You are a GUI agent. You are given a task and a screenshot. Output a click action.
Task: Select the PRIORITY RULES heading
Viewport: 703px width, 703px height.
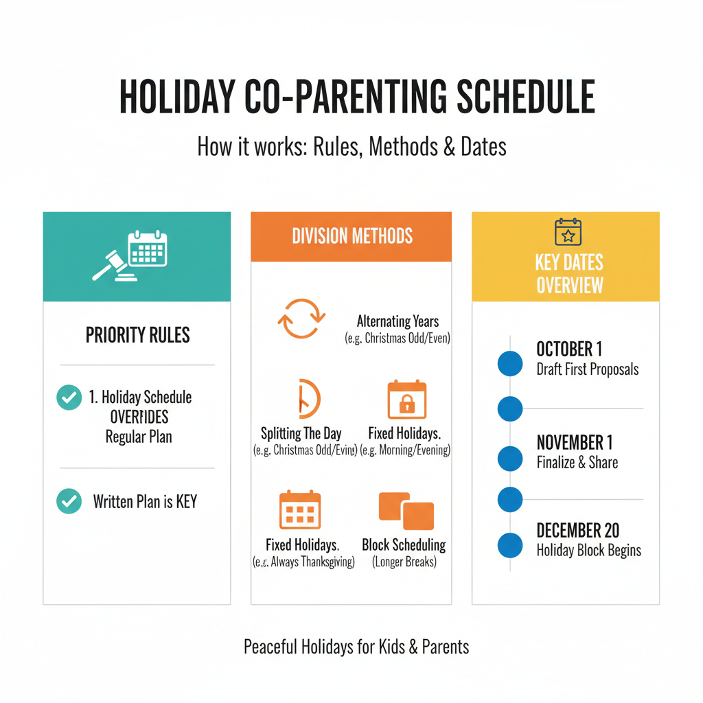pyautogui.click(x=138, y=335)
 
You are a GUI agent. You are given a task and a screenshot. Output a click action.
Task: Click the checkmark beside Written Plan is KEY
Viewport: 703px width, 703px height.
pyautogui.click(x=69, y=501)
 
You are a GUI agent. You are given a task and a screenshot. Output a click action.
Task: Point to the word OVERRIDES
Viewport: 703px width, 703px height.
pyautogui.click(x=139, y=417)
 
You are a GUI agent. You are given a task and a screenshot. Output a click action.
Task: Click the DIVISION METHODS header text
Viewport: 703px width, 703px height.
pyautogui.click(x=352, y=237)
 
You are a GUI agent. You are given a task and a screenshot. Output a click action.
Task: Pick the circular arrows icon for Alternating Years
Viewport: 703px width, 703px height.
pyautogui.click(x=301, y=319)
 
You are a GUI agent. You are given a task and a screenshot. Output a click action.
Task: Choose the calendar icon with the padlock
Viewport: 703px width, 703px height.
pyautogui.click(x=407, y=400)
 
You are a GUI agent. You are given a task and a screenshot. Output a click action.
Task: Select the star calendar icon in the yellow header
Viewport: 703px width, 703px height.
pyautogui.click(x=568, y=232)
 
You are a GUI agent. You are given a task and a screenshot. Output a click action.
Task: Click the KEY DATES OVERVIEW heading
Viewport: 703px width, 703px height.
pyautogui.click(x=569, y=273)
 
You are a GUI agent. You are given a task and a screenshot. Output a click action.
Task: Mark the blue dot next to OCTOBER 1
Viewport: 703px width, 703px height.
pyautogui.click(x=509, y=364)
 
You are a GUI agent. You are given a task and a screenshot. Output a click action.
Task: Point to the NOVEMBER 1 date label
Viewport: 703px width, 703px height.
pyautogui.click(x=574, y=442)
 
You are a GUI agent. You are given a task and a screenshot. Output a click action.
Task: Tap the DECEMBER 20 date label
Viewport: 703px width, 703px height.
pyautogui.click(x=577, y=531)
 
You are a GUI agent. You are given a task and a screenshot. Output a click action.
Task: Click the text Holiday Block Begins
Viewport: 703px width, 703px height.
pyautogui.click(x=588, y=551)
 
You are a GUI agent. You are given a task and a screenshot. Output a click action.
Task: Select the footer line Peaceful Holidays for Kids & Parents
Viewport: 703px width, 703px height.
pyautogui.click(x=356, y=647)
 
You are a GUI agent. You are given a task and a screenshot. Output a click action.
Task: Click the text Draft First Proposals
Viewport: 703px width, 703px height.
pyautogui.click(x=587, y=369)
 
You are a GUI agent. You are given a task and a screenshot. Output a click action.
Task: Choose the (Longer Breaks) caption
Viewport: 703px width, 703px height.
pyautogui.click(x=404, y=562)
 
